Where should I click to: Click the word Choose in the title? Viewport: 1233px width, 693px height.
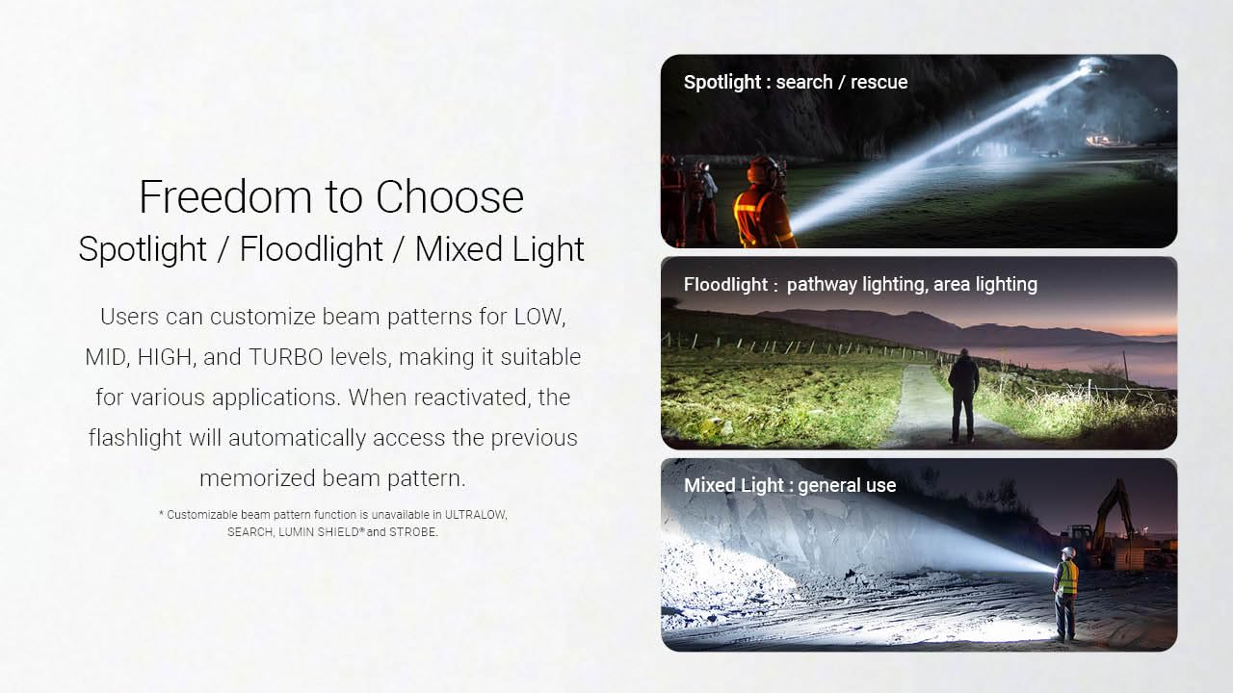[x=450, y=197]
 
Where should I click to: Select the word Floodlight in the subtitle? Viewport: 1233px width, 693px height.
[x=310, y=249]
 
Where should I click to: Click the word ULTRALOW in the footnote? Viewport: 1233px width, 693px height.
[x=474, y=515]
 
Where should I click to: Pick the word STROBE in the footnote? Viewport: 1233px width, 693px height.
[x=413, y=532]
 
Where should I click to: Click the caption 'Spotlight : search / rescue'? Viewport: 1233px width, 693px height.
[x=796, y=83]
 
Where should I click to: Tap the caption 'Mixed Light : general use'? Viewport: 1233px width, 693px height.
[x=790, y=485]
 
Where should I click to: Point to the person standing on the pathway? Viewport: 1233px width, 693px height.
[x=962, y=395]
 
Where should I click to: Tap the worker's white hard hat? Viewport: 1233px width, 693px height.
[x=1067, y=552]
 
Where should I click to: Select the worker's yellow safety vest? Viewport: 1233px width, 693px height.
[x=1066, y=577]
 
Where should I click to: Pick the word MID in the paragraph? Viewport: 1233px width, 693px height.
[x=106, y=357]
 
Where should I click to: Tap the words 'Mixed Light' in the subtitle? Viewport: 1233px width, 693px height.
[x=499, y=249]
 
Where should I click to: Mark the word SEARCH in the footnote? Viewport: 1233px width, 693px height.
[x=249, y=532]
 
